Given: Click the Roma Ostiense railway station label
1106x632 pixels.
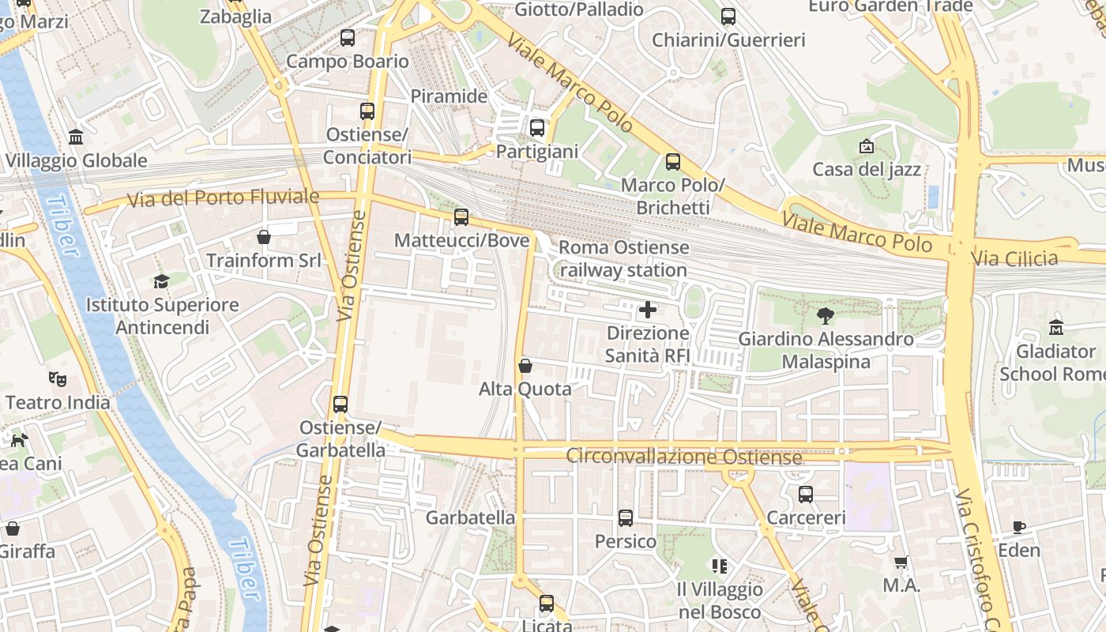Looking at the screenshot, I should point(623,259).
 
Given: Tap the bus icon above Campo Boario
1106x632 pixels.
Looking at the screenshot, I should point(348,37).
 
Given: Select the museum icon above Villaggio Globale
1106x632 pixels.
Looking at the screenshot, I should point(76,137).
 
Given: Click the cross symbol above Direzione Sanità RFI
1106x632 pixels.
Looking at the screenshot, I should point(647,310).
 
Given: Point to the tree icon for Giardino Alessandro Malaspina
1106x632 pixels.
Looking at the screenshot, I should point(826,316).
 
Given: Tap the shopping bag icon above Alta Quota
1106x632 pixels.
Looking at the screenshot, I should point(525,366).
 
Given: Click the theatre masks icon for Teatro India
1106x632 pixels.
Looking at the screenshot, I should point(58,379).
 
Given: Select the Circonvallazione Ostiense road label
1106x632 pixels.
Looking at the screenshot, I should point(684,457).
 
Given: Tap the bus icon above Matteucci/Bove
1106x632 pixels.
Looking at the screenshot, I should point(461,216).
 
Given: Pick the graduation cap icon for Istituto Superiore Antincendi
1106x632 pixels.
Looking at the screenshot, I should point(162,281).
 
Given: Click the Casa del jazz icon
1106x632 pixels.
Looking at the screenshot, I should point(867,146).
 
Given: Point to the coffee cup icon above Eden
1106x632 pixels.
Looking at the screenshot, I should point(1019,527).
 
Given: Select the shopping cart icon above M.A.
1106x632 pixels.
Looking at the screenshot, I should point(901,562).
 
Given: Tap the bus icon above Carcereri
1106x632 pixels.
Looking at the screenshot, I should point(806,495).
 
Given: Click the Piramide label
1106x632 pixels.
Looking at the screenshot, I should point(449,96).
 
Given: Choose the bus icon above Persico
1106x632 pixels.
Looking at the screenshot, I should point(626,518).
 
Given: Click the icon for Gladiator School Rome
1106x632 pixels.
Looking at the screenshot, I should point(1056,327).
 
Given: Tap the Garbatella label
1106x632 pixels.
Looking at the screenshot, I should point(470,518).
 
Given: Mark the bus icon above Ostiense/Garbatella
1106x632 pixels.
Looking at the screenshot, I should point(340,404).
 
